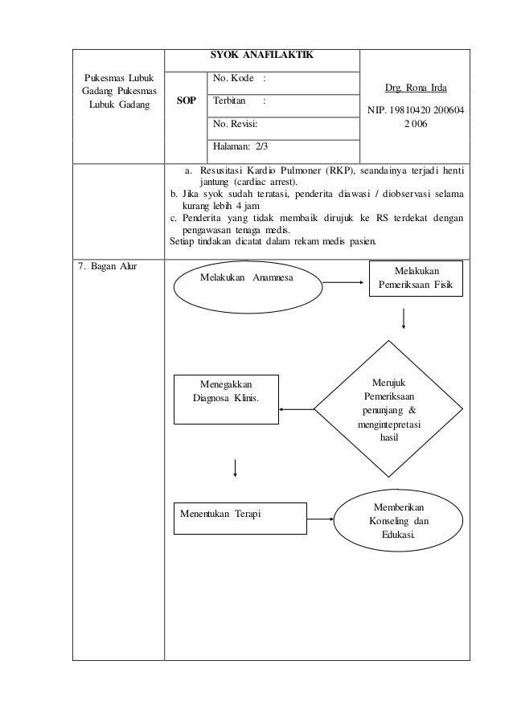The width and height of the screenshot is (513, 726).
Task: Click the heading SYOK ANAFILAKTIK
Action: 261,55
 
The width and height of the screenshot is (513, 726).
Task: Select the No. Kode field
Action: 282,82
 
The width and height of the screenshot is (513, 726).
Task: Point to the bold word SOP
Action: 185,104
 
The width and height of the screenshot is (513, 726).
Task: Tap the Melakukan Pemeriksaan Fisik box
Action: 416,278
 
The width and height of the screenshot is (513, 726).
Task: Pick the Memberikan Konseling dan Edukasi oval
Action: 399,521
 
